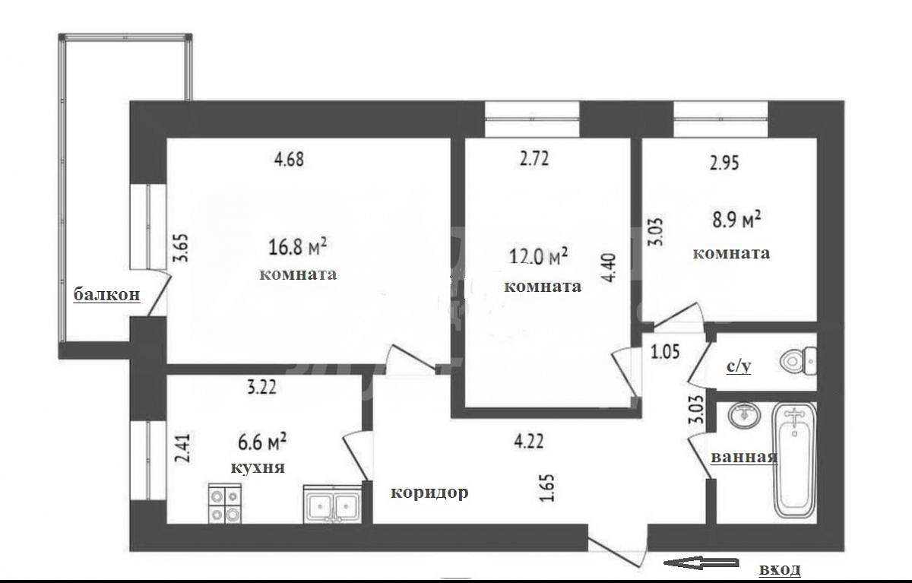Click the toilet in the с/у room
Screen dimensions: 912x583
pyautogui.click(x=799, y=360)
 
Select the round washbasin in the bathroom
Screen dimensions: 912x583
pyautogui.click(x=744, y=415)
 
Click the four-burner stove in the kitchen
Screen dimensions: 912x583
pyautogui.click(x=225, y=503)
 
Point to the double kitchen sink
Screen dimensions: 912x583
pyautogui.click(x=333, y=504)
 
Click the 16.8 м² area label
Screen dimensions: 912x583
pyautogui.click(x=298, y=247)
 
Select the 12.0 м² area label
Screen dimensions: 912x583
pyautogui.click(x=538, y=256)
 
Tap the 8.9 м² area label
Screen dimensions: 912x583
pyautogui.click(x=736, y=220)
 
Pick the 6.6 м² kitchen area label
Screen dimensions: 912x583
pyautogui.click(x=262, y=442)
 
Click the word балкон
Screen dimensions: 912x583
pyautogui.click(x=106, y=294)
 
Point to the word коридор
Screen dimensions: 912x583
pyautogui.click(x=429, y=493)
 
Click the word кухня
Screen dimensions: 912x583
pyautogui.click(x=258, y=468)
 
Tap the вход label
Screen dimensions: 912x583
pyautogui.click(x=780, y=569)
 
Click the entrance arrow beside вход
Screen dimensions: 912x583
pyautogui.click(x=701, y=563)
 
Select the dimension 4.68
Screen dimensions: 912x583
pyautogui.click(x=289, y=159)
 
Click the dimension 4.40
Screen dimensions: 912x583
pyautogui.click(x=610, y=268)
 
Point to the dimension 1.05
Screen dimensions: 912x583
pyautogui.click(x=665, y=352)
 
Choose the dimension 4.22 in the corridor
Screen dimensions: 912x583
pyautogui.click(x=528, y=442)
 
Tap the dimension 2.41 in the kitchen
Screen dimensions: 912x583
pyautogui.click(x=182, y=448)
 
